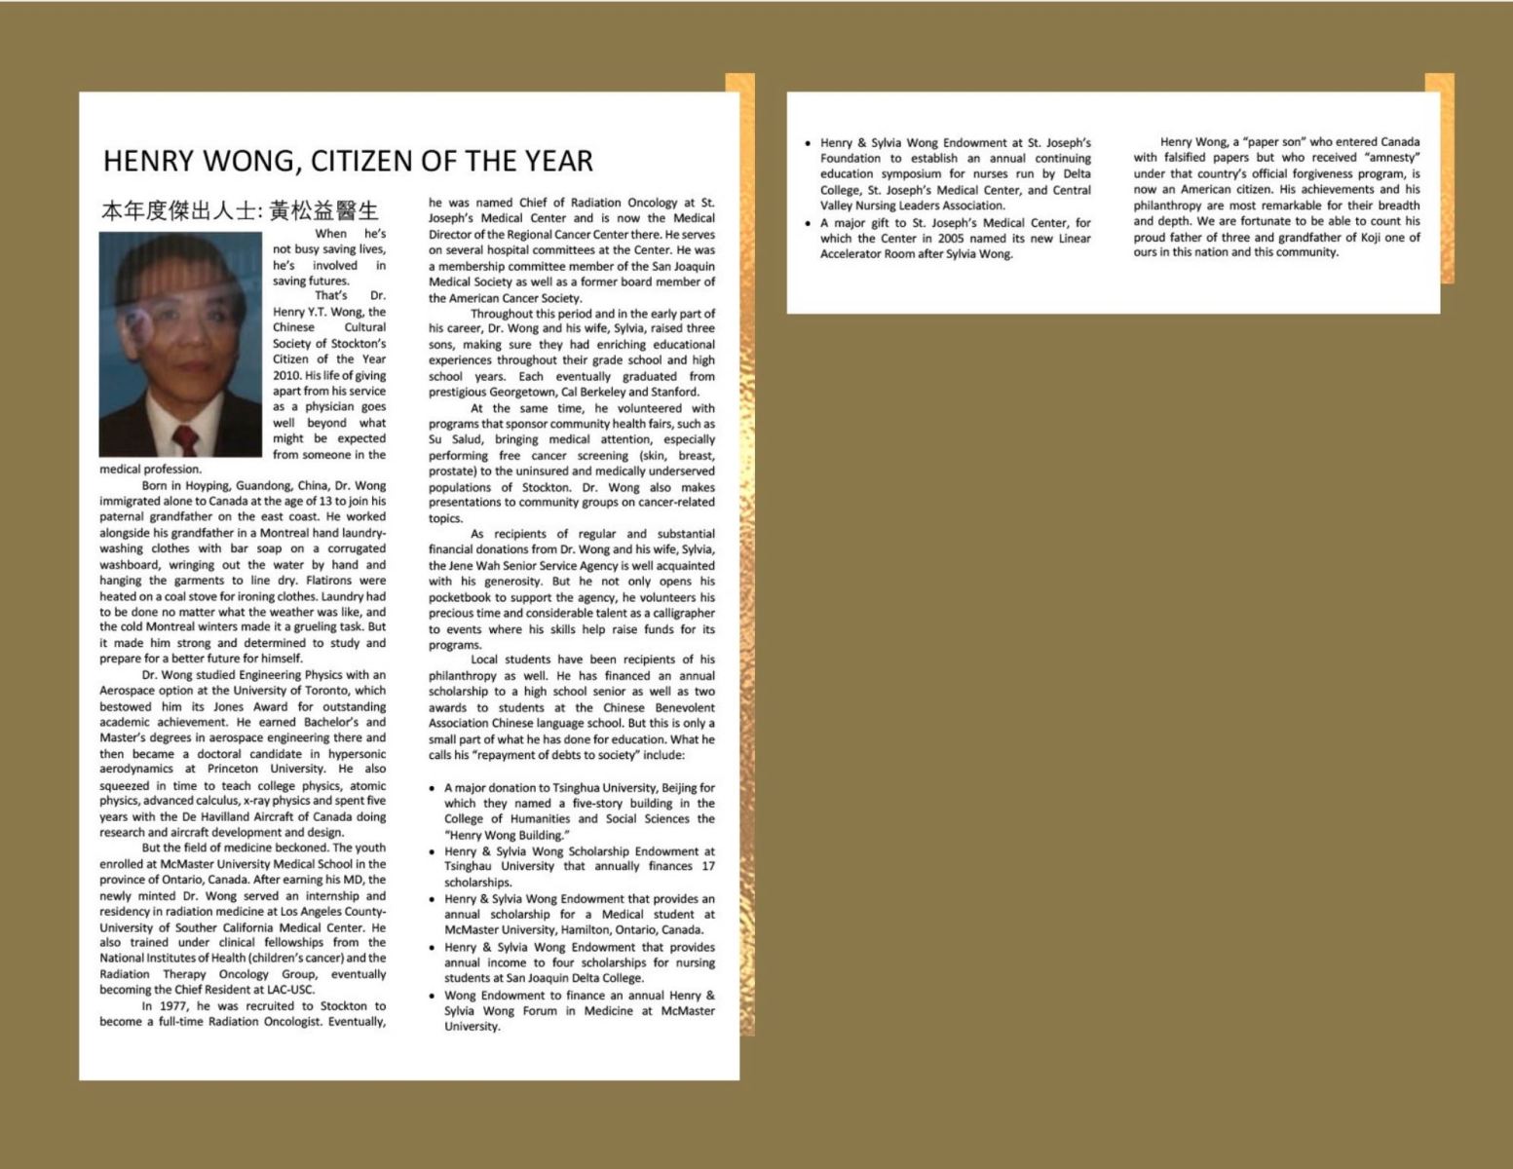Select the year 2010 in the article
click(x=285, y=375)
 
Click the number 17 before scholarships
click(x=707, y=866)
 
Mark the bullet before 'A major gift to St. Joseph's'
click(x=808, y=223)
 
